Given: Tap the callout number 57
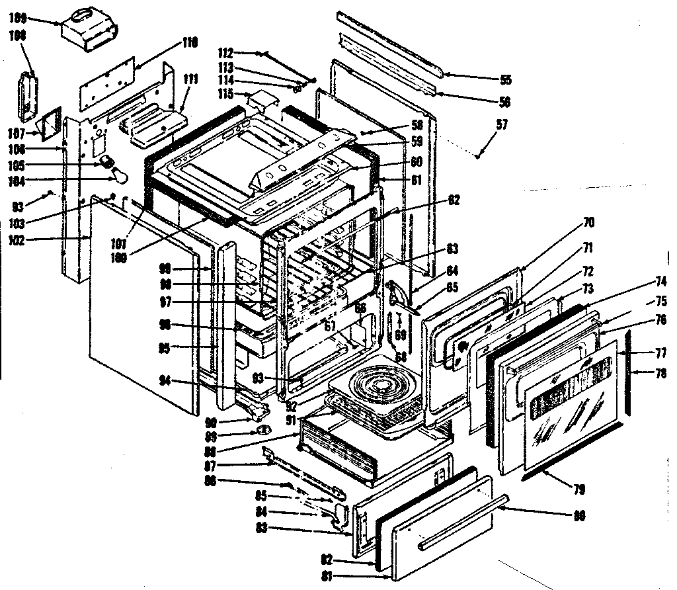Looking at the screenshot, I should (502, 124).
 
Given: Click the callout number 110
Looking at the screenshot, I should (190, 43).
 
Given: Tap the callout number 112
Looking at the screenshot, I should (228, 53).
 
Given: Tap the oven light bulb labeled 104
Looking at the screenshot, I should (119, 175).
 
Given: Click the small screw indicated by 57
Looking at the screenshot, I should (477, 157).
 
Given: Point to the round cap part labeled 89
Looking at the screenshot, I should (264, 431).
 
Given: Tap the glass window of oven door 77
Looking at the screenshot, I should (572, 403).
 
